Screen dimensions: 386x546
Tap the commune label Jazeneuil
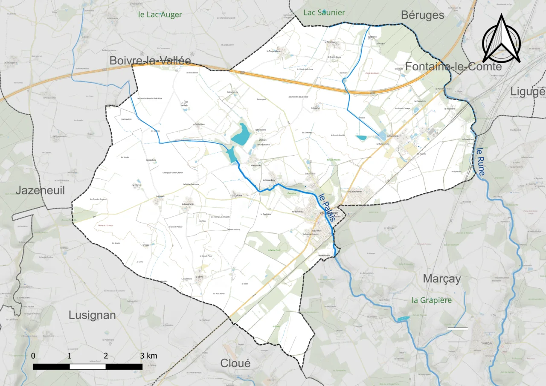(41, 190)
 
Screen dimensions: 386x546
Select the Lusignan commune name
(92, 315)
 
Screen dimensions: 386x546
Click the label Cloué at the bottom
(235, 363)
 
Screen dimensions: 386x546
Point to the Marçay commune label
(442, 279)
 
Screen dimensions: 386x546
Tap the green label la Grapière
(431, 300)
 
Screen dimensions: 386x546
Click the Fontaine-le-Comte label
(453, 67)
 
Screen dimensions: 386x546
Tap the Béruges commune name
(422, 15)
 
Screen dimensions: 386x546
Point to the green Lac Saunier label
(324, 13)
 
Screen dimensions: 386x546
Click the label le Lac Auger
(160, 15)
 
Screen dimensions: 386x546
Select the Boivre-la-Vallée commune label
(150, 61)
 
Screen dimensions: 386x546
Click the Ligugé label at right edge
(528, 91)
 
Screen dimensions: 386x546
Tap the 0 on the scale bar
(33, 356)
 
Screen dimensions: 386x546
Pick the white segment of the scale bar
(87, 366)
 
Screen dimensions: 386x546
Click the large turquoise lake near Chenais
(241, 134)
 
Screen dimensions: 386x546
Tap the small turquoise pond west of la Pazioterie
(361, 138)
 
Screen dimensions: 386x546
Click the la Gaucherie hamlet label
(188, 204)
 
